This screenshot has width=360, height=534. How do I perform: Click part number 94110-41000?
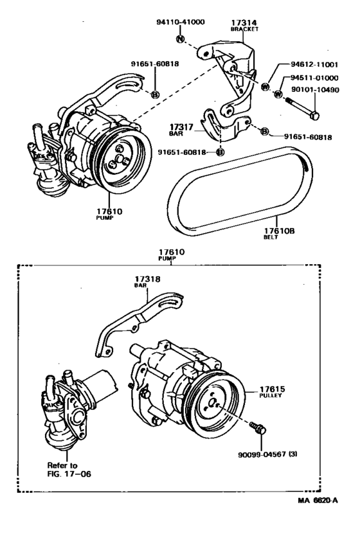pyautogui.click(x=181, y=22)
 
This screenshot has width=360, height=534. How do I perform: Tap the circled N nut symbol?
pyautogui.click(x=180, y=39)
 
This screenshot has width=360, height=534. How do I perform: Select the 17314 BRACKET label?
pyautogui.click(x=244, y=26)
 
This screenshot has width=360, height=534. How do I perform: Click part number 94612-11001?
pyautogui.click(x=314, y=65)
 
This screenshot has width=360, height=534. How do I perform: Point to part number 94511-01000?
pyautogui.click(x=314, y=78)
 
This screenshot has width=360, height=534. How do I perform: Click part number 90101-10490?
pyautogui.click(x=315, y=90)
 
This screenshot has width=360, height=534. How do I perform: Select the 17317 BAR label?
pyautogui.click(x=181, y=130)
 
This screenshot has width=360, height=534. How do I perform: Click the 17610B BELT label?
pyautogui.click(x=279, y=233)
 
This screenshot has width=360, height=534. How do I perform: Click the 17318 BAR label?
pyautogui.click(x=147, y=281)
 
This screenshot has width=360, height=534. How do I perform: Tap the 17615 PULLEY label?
pyautogui.click(x=273, y=392)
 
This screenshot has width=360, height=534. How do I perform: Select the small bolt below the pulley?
pyautogui.click(x=258, y=428)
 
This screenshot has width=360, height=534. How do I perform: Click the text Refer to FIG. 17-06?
pyautogui.click(x=69, y=470)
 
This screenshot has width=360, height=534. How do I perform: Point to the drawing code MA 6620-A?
pyautogui.click(x=318, y=501)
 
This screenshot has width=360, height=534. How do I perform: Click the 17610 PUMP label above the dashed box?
pyautogui.click(x=171, y=254)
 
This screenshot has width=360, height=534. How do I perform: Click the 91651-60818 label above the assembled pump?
pyautogui.click(x=155, y=64)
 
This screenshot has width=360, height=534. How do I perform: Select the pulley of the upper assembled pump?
pyautogui.click(x=122, y=159)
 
